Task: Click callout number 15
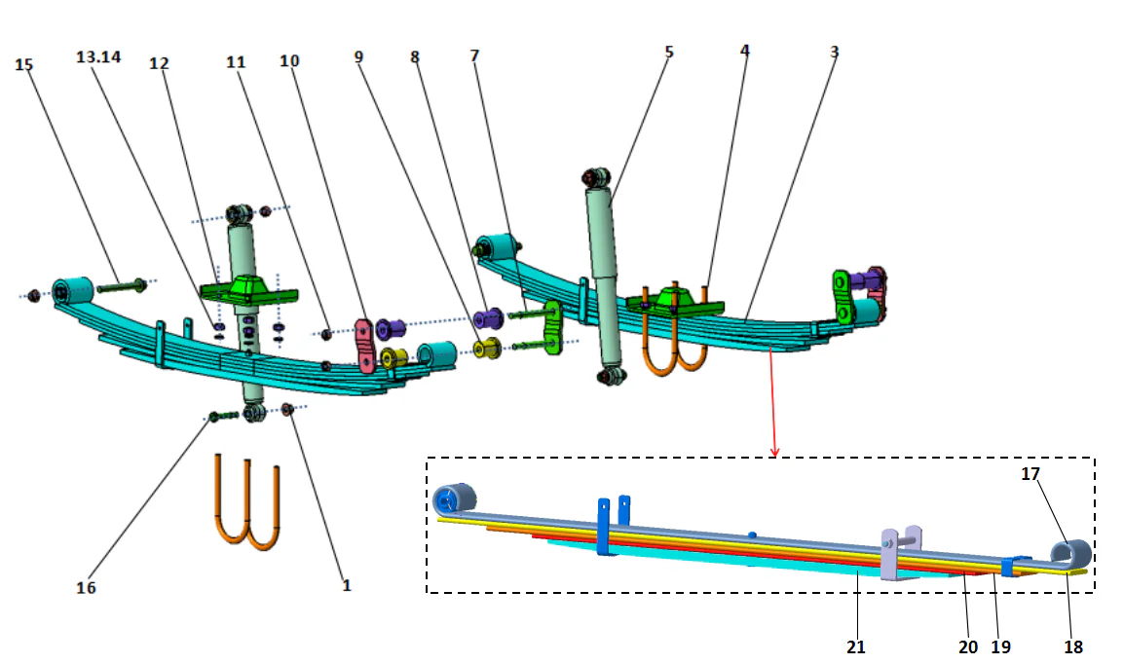pyautogui.click(x=24, y=64)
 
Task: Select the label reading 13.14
pyautogui.click(x=98, y=57)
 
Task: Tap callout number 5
pyautogui.click(x=668, y=52)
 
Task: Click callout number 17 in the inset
pyautogui.click(x=1030, y=474)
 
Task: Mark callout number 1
pyautogui.click(x=346, y=585)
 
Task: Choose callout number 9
pyautogui.click(x=358, y=57)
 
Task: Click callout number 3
pyautogui.click(x=834, y=52)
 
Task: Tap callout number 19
pyautogui.click(x=1001, y=646)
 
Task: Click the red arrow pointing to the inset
pyautogui.click(x=774, y=399)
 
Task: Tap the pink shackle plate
pyautogui.click(x=364, y=345)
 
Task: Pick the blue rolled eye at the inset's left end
pyautogui.click(x=448, y=500)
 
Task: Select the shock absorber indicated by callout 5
pyautogui.click(x=602, y=277)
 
